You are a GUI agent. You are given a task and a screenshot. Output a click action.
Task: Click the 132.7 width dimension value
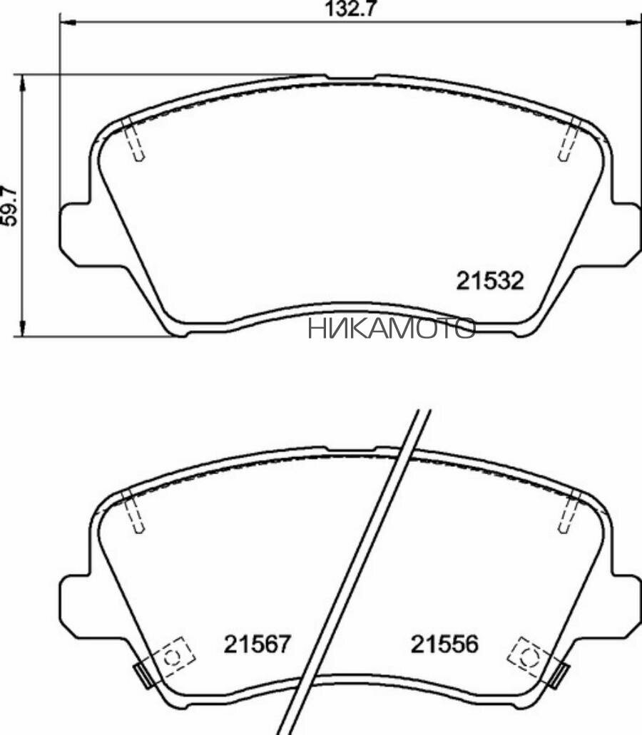[x=351, y=9]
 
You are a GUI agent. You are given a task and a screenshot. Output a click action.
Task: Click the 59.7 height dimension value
[x=9, y=207]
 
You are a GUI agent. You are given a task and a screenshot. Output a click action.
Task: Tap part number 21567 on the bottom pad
[x=258, y=644]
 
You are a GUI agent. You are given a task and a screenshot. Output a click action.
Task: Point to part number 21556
[x=444, y=644]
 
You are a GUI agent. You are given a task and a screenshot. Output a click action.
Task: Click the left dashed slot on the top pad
[x=133, y=139]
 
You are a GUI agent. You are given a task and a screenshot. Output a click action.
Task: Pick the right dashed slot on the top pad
[x=570, y=139]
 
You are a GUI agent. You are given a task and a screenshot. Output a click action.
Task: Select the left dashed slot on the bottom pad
[x=133, y=511]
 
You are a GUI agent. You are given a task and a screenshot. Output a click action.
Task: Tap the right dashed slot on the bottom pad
[x=570, y=511]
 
